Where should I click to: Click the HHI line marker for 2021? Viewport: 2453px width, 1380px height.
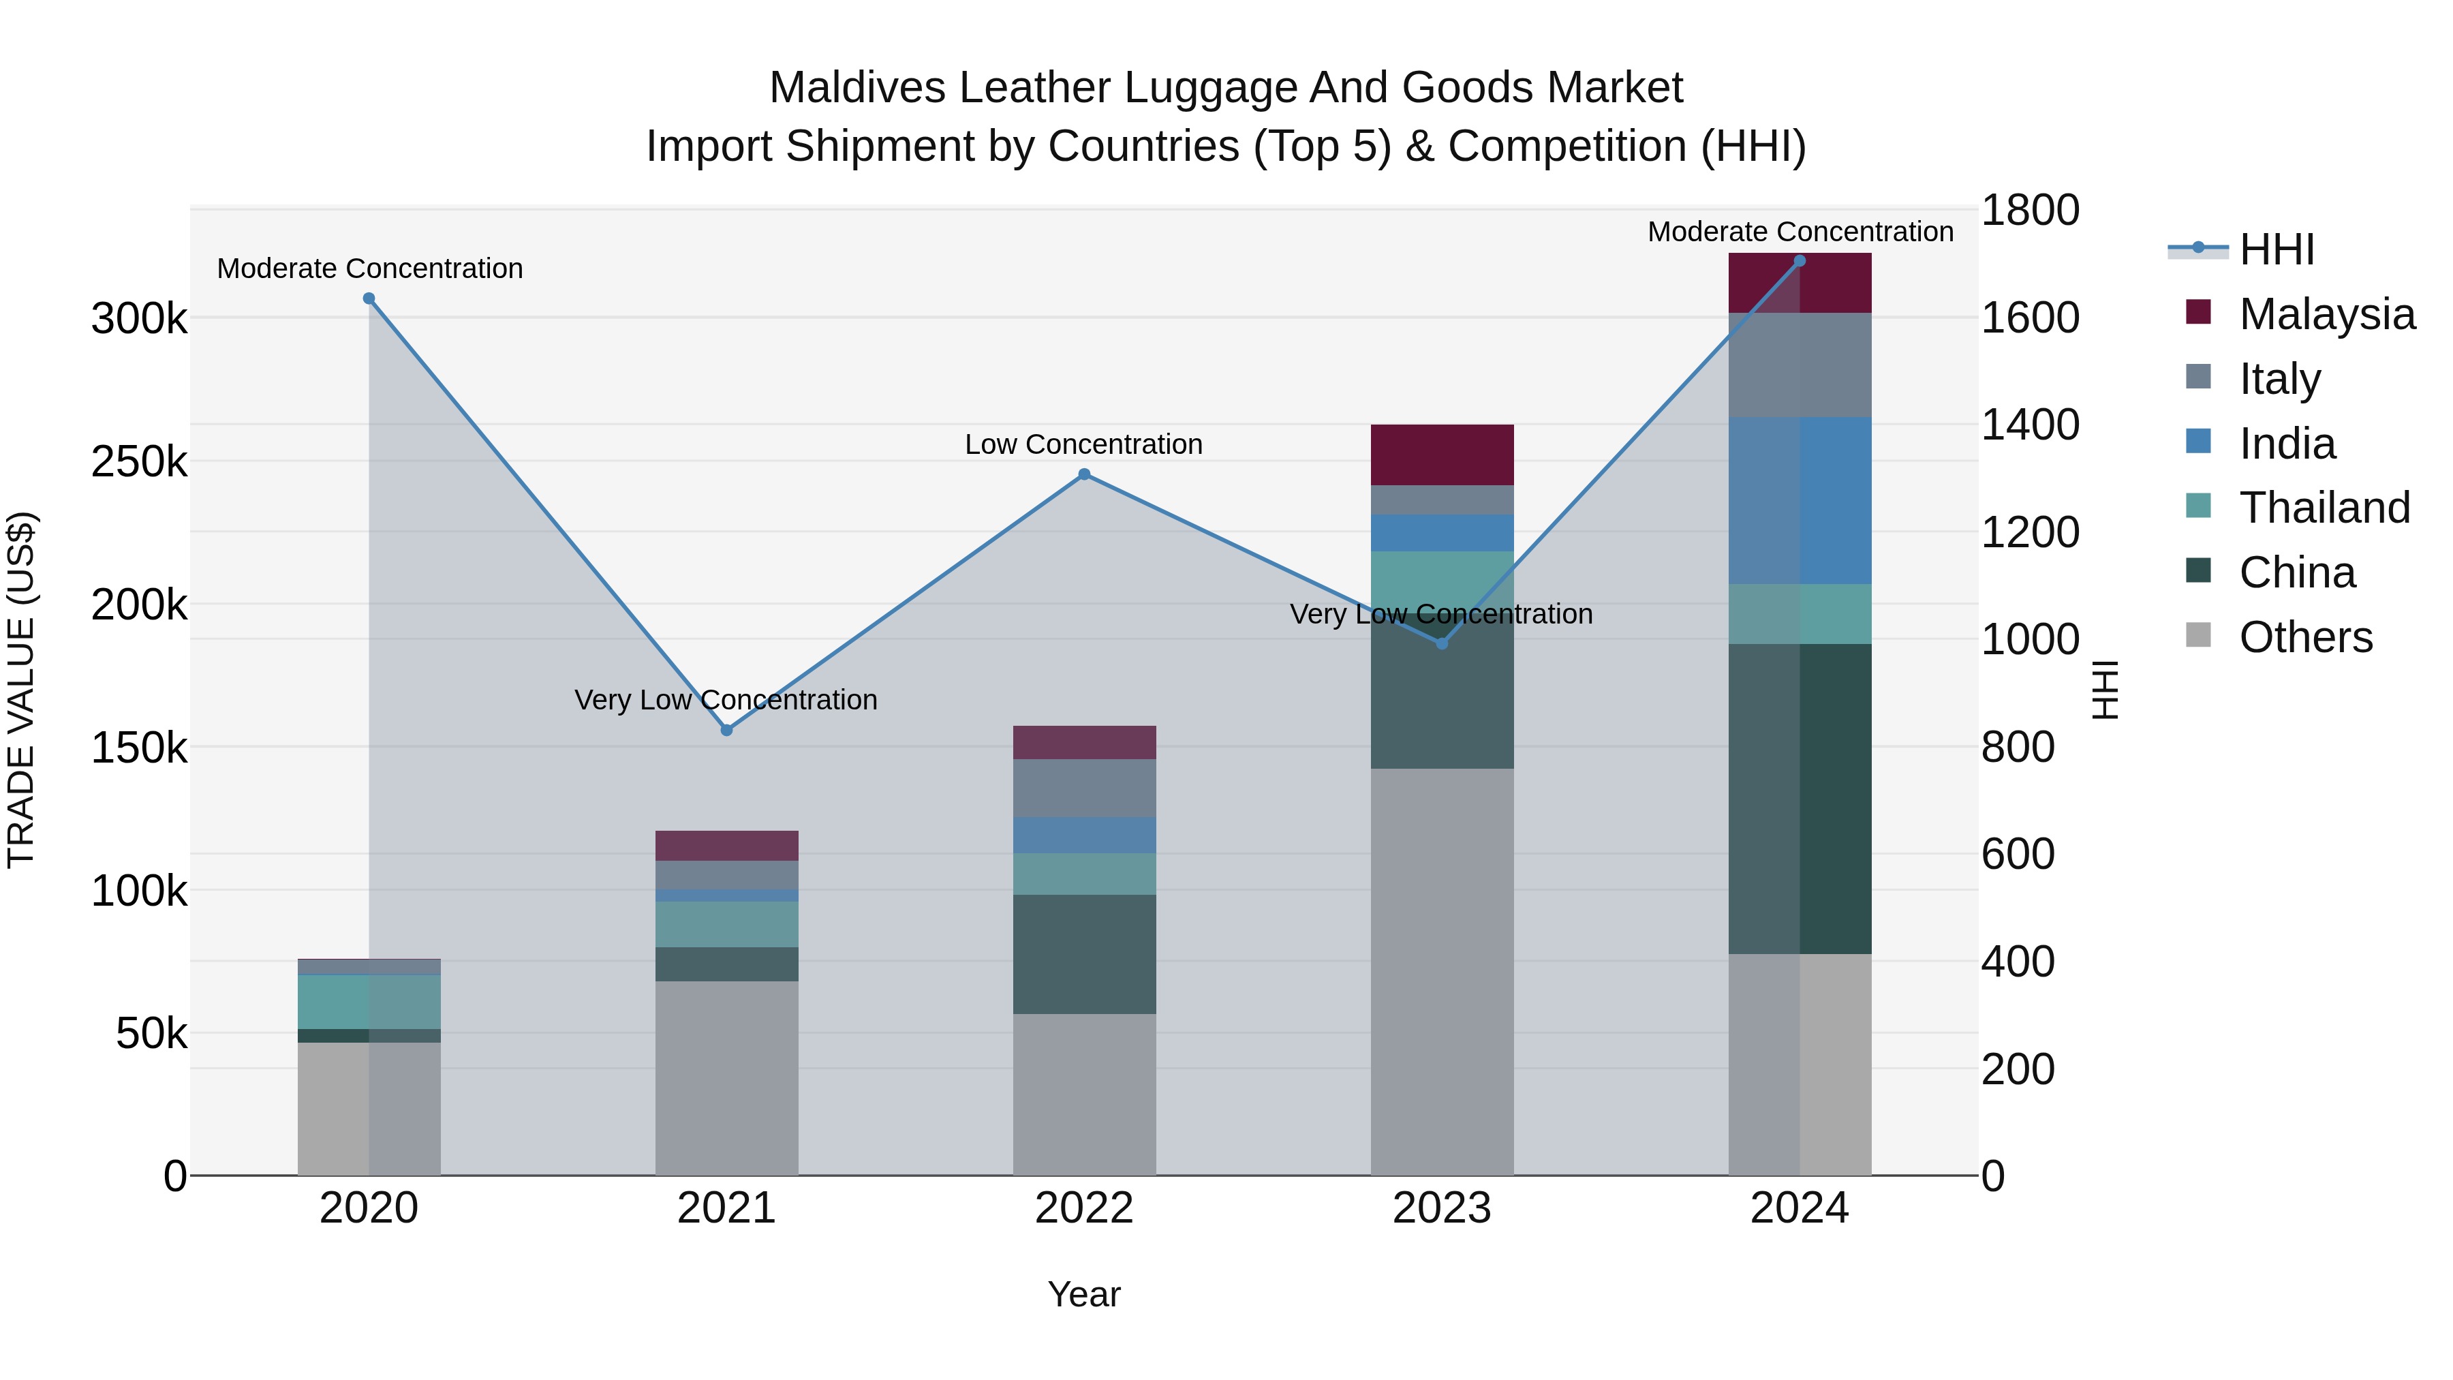[726, 731]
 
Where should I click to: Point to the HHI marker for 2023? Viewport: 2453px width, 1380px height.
[1442, 644]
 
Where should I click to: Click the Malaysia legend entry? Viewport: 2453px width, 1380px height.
[2326, 314]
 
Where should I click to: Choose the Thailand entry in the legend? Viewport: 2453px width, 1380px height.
[2324, 508]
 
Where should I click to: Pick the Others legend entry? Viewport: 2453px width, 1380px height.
[2305, 637]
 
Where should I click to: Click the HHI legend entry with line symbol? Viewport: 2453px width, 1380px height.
[2276, 249]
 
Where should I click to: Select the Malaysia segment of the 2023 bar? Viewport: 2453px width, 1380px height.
[1442, 455]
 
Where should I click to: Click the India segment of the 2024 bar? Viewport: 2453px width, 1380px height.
[1800, 500]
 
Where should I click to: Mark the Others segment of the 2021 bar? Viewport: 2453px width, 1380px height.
[726, 1077]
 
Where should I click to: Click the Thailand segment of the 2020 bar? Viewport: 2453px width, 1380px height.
[369, 1001]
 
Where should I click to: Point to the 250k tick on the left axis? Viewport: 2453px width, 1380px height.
[139, 462]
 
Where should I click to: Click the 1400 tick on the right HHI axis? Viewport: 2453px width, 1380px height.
[2029, 425]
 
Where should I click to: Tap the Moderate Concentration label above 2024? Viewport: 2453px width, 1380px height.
[1800, 232]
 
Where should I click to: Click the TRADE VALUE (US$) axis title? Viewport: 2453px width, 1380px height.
[21, 690]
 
